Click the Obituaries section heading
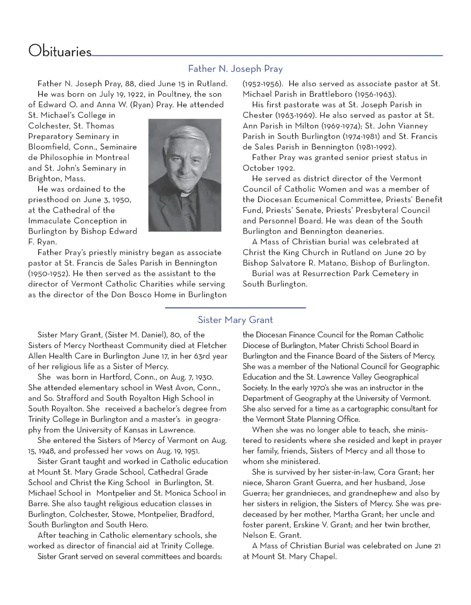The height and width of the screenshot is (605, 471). click(x=60, y=51)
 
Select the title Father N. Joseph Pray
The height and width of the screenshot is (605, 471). click(x=235, y=69)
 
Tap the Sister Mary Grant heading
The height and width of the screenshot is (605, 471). click(x=235, y=320)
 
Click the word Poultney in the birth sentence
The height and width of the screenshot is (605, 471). click(x=174, y=94)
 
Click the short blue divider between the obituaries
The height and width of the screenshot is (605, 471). click(x=235, y=307)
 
